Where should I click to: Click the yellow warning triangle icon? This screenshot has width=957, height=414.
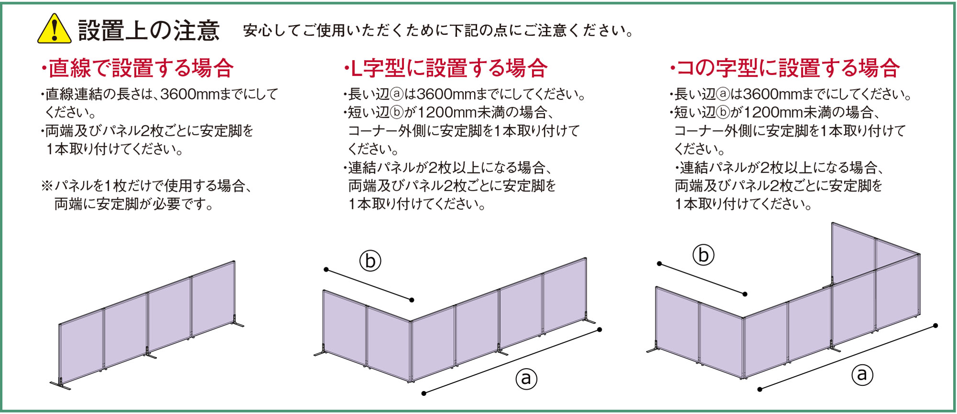[55, 30]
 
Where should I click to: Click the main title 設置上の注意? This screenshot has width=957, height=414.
[149, 31]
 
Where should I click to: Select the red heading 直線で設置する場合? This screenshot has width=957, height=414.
[137, 68]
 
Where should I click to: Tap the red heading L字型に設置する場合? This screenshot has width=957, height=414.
[445, 68]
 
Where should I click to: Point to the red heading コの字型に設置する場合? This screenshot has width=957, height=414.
[785, 68]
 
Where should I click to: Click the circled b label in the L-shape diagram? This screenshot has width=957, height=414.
[370, 261]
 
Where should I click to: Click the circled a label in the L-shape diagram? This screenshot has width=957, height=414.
[526, 379]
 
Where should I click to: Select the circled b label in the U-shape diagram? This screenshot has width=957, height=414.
[703, 255]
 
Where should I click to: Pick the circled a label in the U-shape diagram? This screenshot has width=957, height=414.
[862, 374]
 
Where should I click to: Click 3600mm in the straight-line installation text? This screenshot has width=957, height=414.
[189, 94]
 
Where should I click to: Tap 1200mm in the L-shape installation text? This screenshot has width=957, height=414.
[447, 112]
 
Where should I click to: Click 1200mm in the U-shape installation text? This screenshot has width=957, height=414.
[773, 112]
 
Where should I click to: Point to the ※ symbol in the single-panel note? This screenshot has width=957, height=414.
[47, 186]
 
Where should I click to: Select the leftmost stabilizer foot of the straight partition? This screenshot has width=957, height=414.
[60, 384]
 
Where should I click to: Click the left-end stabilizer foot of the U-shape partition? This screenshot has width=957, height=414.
[654, 348]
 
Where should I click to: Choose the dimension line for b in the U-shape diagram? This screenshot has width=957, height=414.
[702, 279]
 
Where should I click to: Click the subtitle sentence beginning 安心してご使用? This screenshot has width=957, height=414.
[438, 31]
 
